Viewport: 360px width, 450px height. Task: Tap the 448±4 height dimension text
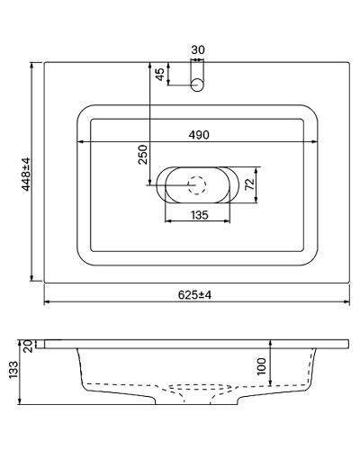pos(25,173)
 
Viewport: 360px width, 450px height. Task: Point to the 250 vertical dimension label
pos(142,155)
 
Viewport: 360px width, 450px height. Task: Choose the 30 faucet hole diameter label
pos(198,50)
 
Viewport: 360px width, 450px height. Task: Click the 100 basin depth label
pos(261,365)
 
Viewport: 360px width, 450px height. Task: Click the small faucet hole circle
pos(198,84)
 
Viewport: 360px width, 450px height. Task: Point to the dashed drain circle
pos(197,185)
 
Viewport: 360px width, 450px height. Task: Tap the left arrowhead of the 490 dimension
pos(80,142)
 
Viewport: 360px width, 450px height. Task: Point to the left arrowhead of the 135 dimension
pos(166,222)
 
